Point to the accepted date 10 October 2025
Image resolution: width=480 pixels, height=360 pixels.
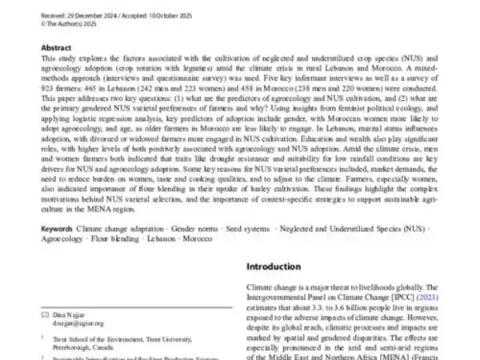coord(153,6)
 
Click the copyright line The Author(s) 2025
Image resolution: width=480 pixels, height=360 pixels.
coord(70,14)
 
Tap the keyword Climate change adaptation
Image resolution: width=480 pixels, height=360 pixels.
coord(116,228)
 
